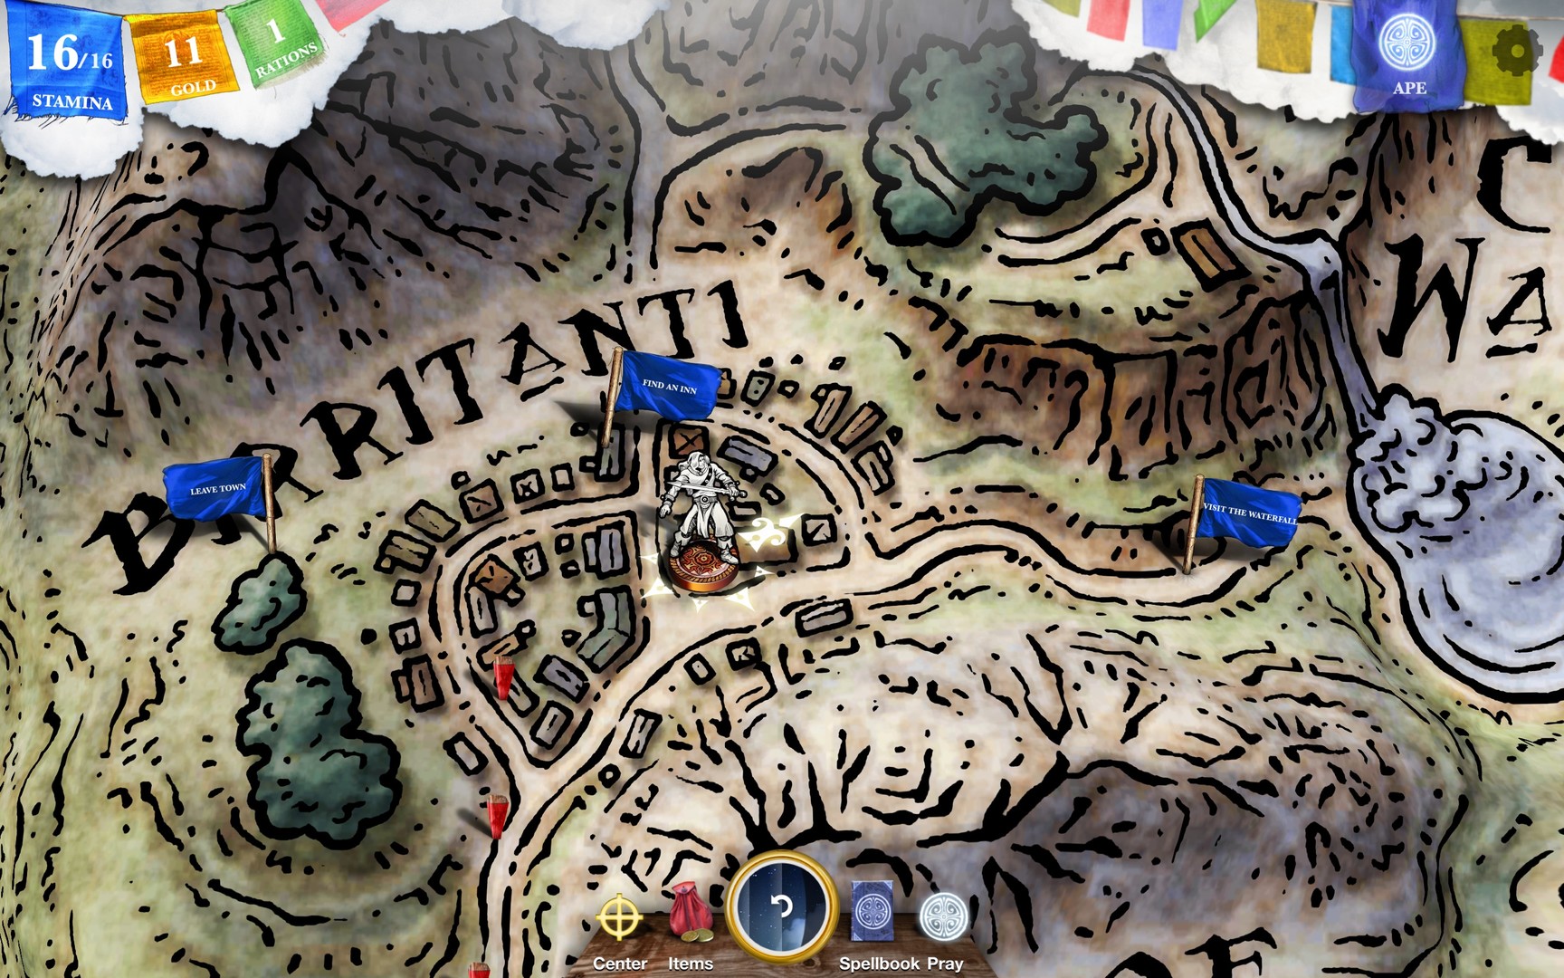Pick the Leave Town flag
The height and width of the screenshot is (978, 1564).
point(217,490)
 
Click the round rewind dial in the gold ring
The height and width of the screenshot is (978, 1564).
point(782,906)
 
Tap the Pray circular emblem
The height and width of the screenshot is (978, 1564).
point(944,916)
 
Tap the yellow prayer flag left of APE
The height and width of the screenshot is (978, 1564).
point(1284,36)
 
